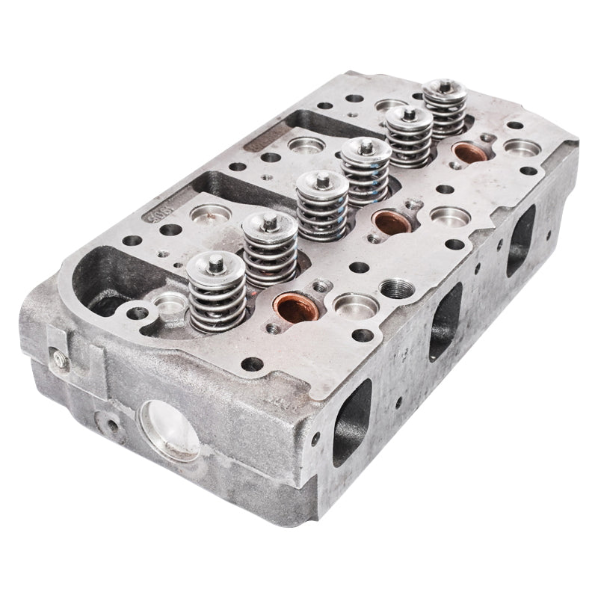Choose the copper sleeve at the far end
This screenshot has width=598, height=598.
coord(469,152)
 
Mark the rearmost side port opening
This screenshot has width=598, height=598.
coord(523,237)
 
